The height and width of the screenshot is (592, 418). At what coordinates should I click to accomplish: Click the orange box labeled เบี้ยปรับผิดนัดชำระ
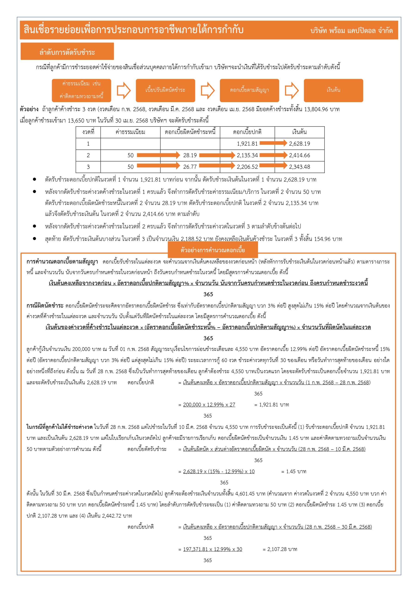click(x=165, y=90)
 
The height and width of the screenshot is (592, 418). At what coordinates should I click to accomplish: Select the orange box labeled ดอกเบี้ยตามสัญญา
click(x=249, y=90)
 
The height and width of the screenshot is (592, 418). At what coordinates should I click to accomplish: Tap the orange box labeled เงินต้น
click(x=333, y=90)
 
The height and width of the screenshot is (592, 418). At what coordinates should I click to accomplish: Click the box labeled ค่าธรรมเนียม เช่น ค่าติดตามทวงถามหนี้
click(x=81, y=90)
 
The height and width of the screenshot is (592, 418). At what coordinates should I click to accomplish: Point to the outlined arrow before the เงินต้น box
click(x=291, y=90)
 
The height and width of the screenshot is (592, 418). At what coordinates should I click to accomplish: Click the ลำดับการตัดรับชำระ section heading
click(x=67, y=52)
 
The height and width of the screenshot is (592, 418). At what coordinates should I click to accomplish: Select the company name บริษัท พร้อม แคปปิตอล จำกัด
click(x=351, y=31)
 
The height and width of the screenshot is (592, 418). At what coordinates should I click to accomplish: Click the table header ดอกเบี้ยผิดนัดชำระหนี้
click(x=190, y=132)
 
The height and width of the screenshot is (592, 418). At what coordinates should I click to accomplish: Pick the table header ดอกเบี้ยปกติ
click(x=247, y=132)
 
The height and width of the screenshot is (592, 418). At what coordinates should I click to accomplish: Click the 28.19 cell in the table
click(x=190, y=155)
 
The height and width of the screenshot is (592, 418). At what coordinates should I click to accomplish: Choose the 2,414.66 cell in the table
click(x=300, y=155)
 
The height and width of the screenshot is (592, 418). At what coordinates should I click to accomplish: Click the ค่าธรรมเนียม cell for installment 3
click(x=130, y=167)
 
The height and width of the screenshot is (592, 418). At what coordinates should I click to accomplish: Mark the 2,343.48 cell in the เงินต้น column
click(x=300, y=167)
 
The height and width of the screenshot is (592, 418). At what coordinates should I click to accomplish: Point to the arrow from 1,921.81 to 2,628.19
click(x=273, y=143)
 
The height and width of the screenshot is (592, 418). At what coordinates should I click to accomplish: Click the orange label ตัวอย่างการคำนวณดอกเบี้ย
click(x=213, y=250)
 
